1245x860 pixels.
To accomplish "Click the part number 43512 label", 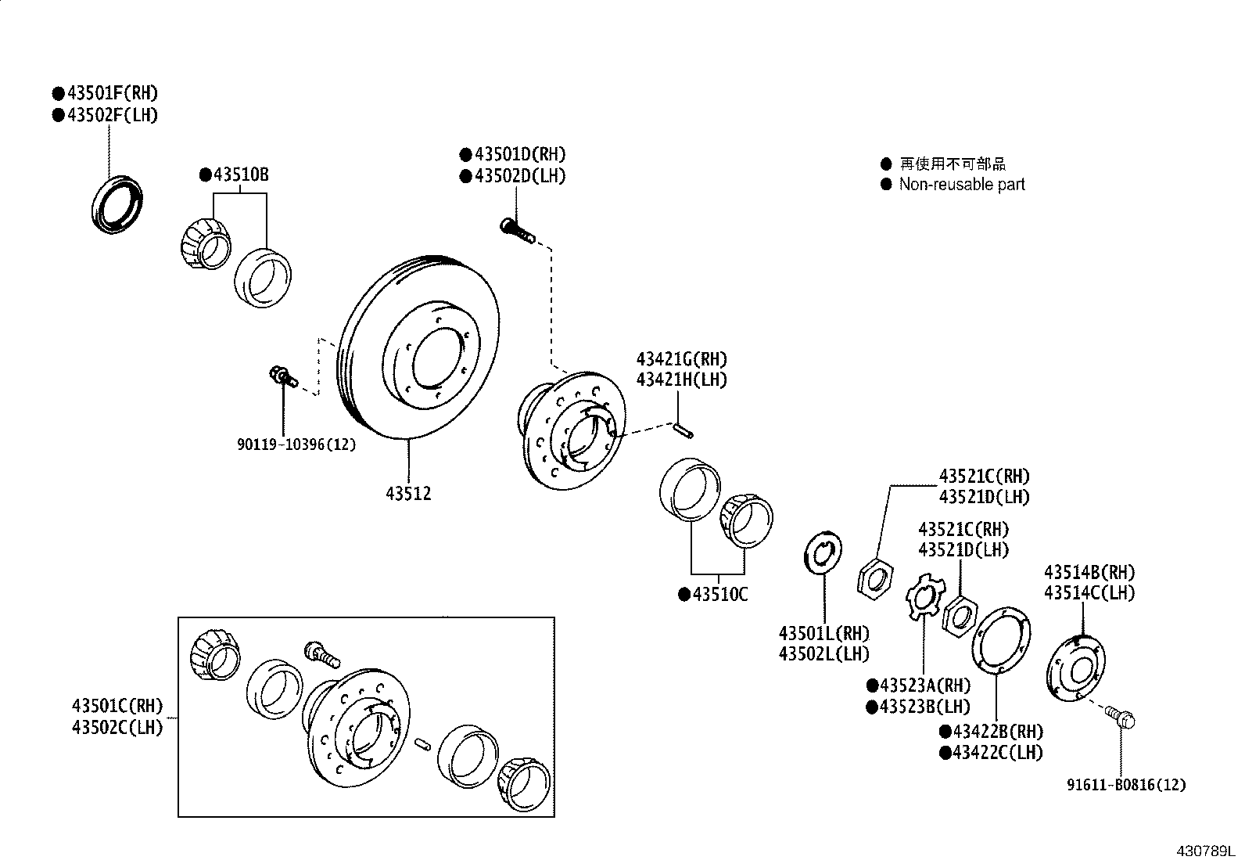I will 408,495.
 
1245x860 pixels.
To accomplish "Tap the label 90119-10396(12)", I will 296,444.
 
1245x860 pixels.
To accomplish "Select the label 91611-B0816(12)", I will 1127,784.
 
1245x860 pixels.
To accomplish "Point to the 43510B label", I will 239,175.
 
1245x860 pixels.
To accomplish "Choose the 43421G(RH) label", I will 681,359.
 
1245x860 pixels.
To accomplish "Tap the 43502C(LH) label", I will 117,727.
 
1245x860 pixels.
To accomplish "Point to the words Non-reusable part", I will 961,185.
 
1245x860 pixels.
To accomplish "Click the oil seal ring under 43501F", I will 118,206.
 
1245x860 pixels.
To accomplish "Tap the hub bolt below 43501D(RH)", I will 516,229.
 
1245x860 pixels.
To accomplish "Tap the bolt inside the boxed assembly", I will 320,654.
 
